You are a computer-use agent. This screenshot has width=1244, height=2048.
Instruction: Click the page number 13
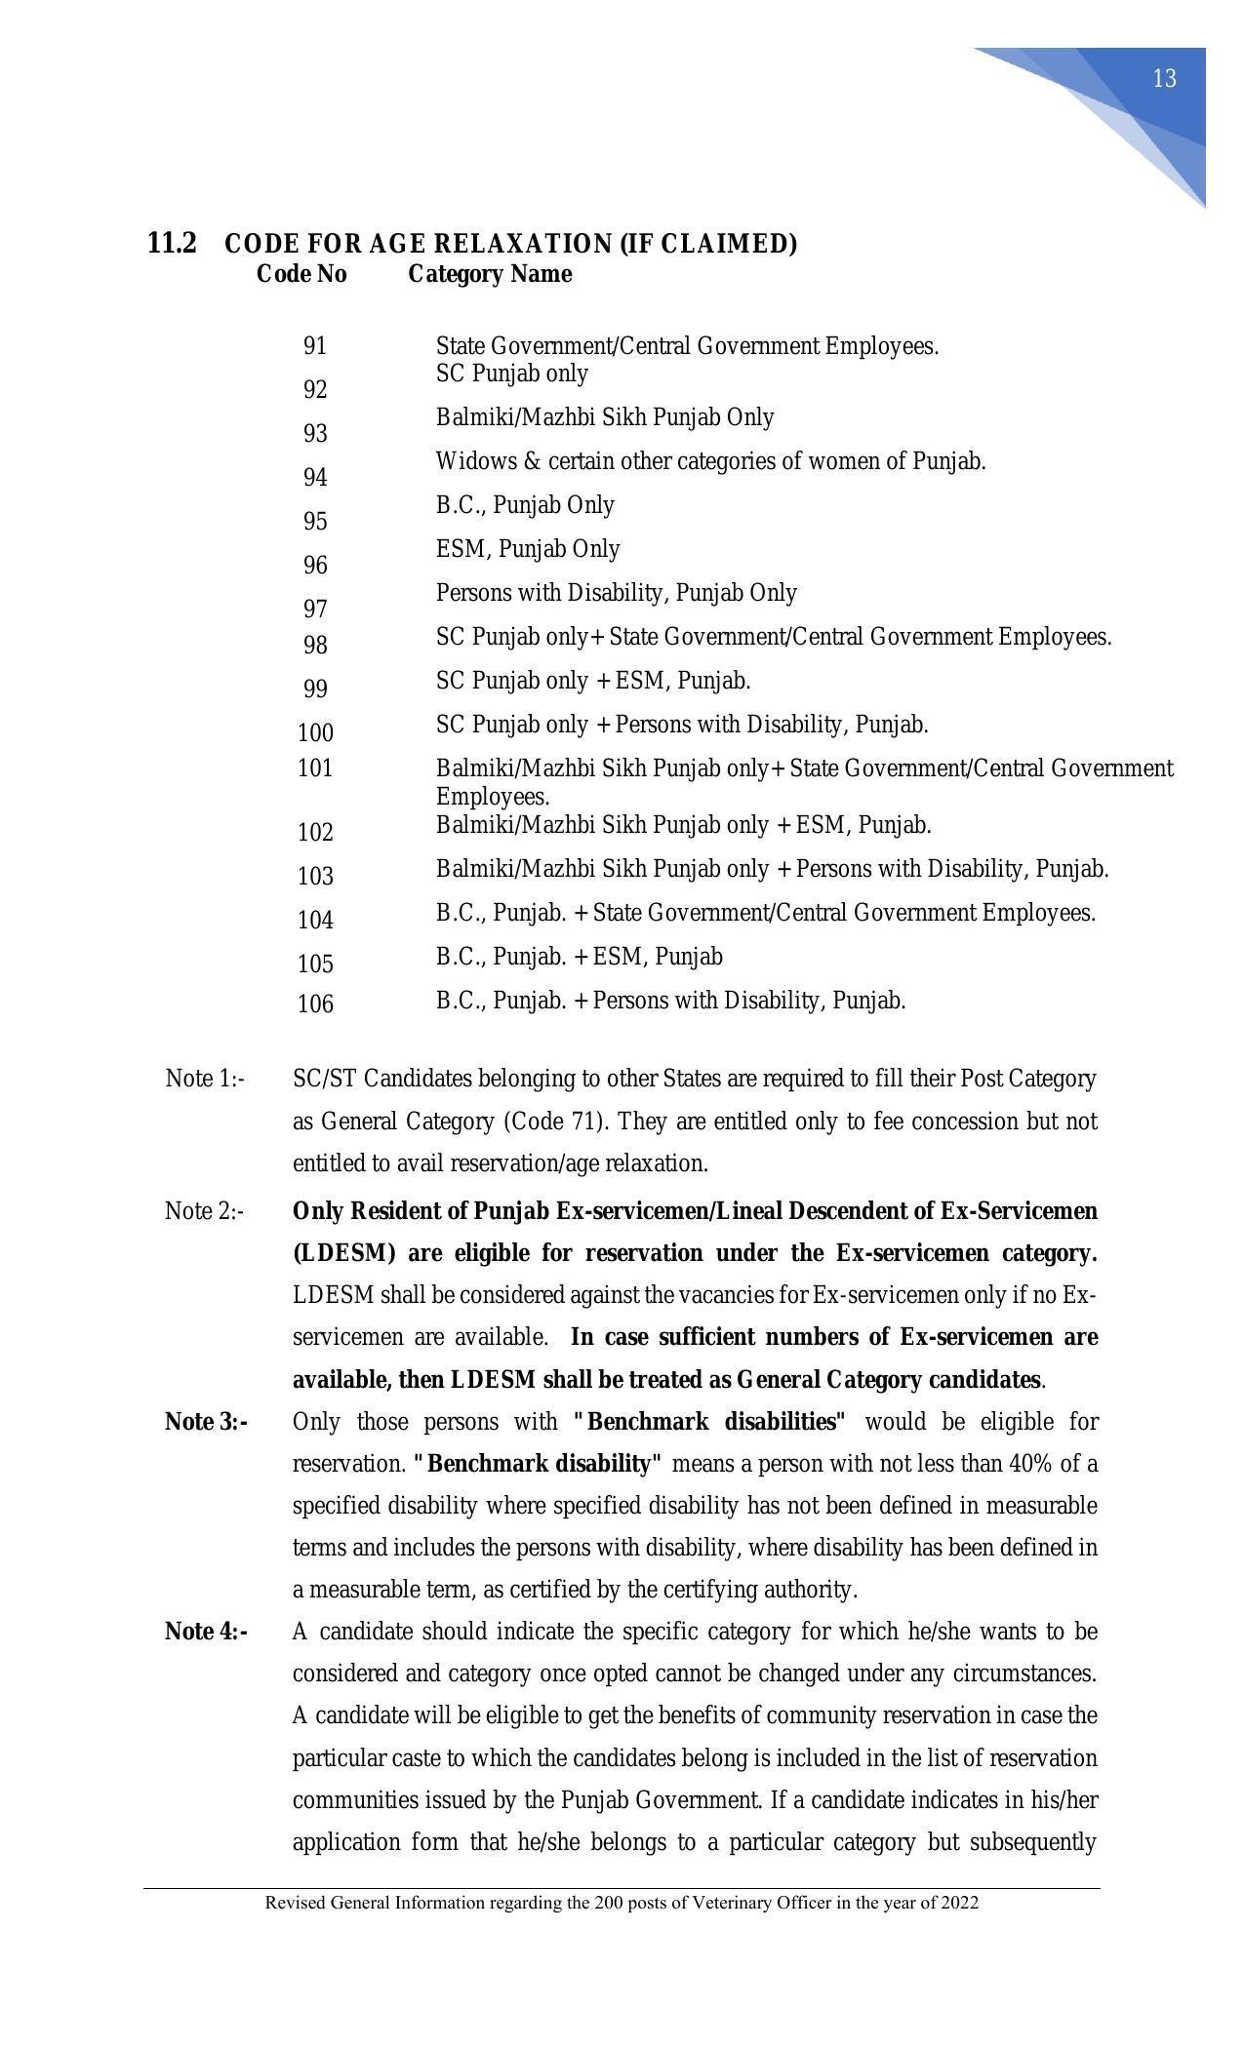coord(1164,79)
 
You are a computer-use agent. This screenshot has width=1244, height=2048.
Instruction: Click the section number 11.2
coord(172,243)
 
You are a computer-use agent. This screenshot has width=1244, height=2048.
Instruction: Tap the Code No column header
coord(301,274)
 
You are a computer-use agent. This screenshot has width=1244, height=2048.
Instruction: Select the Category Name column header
coord(490,274)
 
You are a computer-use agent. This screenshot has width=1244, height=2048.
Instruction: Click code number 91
coord(315,346)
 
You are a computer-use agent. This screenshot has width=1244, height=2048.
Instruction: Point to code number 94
coord(315,478)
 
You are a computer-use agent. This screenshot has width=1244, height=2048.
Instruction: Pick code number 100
coord(315,732)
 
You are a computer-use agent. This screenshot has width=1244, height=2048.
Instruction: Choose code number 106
coord(315,1004)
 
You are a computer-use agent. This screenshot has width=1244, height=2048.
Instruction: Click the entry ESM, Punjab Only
coord(528,549)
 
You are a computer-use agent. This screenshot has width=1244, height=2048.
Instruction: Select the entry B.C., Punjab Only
coord(525,505)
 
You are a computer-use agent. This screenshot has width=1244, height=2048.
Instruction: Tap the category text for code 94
coord(710,461)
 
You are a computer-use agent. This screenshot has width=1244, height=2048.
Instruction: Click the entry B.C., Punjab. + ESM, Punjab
coord(580,957)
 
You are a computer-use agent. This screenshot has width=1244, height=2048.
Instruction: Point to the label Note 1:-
coord(205,1079)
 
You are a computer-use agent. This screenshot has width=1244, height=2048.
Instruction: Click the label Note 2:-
coord(205,1211)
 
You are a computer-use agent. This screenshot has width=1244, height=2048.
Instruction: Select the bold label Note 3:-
coord(206,1422)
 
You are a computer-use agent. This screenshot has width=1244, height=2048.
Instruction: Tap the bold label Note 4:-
coord(206,1632)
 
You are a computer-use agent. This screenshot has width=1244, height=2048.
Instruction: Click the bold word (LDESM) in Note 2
coord(344,1253)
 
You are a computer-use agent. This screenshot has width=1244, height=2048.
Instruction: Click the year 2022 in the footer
coord(960,1903)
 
